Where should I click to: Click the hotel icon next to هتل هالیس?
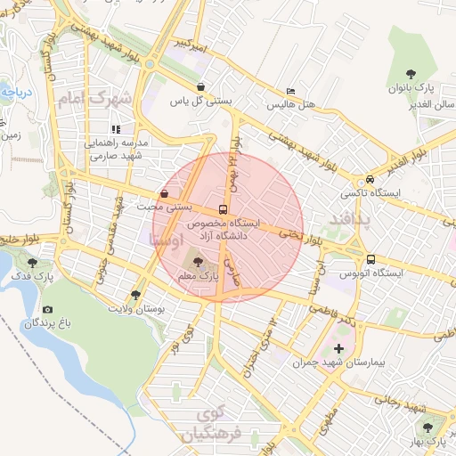290,92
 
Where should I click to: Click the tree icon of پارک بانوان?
410,74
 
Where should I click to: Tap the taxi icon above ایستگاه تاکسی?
370,178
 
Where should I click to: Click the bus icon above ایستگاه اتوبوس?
370,260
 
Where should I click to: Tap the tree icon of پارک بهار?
436,426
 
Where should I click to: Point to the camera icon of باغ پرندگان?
47,309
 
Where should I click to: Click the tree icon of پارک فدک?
34,263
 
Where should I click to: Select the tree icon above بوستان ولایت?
135,293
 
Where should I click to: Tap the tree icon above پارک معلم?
197,262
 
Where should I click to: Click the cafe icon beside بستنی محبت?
164,193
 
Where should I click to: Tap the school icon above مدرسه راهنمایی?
116,129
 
